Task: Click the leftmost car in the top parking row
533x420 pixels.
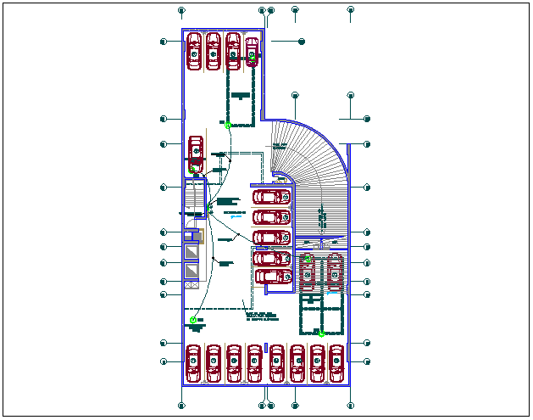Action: tap(194, 51)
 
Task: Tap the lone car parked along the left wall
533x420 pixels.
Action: tap(196, 153)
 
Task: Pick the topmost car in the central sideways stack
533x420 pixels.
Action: tap(271, 197)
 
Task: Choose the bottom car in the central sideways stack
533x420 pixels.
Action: tap(271, 276)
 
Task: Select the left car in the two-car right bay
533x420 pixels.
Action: tap(307, 272)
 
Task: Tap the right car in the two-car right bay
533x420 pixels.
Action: tap(336, 272)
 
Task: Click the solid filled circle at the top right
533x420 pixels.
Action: tap(302, 42)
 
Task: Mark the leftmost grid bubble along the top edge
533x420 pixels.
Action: tap(182, 11)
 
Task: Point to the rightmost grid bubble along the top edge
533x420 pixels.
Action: tap(351, 11)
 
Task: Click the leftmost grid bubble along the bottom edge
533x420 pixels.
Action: tap(181, 406)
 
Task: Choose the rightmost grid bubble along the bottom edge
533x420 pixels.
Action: tap(351, 406)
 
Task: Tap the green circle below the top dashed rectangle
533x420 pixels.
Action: tap(228, 124)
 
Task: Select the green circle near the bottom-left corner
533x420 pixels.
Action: tap(193, 320)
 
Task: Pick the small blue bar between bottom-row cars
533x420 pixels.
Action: tap(266, 348)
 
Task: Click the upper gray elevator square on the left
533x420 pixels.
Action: tap(192, 251)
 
